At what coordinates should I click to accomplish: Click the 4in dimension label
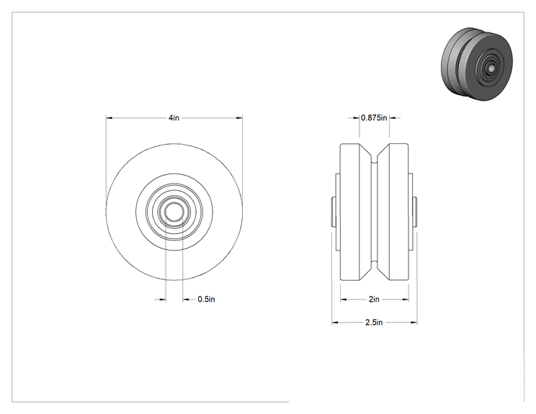174,118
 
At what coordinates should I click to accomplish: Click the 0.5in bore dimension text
206,300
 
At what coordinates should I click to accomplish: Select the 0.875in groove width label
374,118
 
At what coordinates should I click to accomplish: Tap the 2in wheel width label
374,300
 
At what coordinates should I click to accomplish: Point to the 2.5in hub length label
374,322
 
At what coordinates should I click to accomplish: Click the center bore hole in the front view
174,212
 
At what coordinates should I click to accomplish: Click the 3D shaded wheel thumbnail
477,64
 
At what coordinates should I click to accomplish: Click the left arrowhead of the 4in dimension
110,118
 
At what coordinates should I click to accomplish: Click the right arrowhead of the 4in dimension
239,118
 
